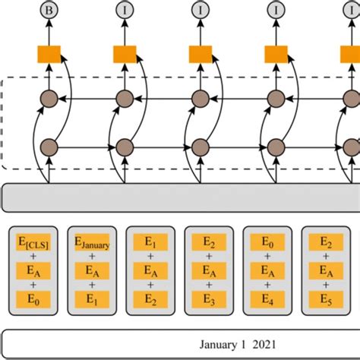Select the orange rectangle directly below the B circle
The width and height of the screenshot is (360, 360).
[49, 54]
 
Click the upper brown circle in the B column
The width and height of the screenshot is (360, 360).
[49, 99]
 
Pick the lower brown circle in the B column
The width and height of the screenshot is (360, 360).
[49, 147]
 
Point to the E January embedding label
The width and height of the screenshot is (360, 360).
[91, 242]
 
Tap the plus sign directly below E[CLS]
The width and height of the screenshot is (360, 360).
[33, 257]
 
